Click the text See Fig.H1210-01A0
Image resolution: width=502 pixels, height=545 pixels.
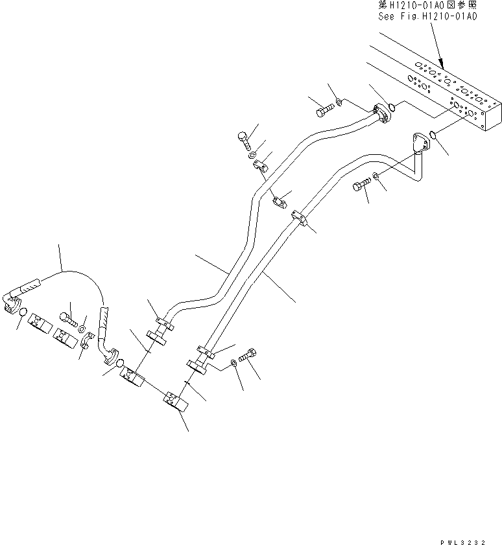427,17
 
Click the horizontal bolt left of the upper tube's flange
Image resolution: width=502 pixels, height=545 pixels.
324,112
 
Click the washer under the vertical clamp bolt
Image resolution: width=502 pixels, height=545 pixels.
251,156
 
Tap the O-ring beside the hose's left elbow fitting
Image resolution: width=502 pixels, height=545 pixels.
23,313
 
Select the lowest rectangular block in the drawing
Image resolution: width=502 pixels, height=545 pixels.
176,401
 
